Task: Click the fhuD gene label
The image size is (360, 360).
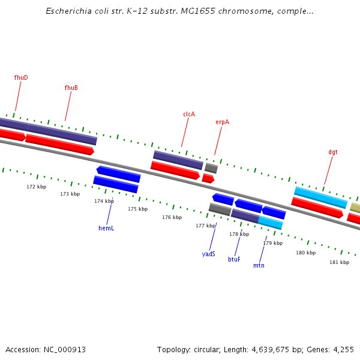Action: pyautogui.click(x=21, y=77)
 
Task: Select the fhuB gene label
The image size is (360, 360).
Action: pyautogui.click(x=71, y=88)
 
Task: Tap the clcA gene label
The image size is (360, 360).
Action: pyautogui.click(x=189, y=114)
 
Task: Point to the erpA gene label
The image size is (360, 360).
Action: pyautogui.click(x=222, y=122)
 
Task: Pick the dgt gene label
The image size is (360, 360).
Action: pyautogui.click(x=332, y=152)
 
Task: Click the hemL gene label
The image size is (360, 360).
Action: pyautogui.click(x=106, y=228)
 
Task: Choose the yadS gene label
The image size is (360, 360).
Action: pyautogui.click(x=208, y=254)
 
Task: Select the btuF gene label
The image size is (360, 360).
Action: pyautogui.click(x=234, y=259)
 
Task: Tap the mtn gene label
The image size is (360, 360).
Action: pyautogui.click(x=259, y=265)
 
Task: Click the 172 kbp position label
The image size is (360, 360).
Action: pyautogui.click(x=36, y=187)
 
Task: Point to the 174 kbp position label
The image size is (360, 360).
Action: pyautogui.click(x=104, y=201)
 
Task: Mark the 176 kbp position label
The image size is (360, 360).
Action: pyautogui.click(x=172, y=217)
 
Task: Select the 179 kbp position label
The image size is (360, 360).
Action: pyautogui.click(x=272, y=243)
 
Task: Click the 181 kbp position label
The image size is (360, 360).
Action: pyautogui.click(x=339, y=262)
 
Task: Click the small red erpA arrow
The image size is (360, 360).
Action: pyautogui.click(x=208, y=178)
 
